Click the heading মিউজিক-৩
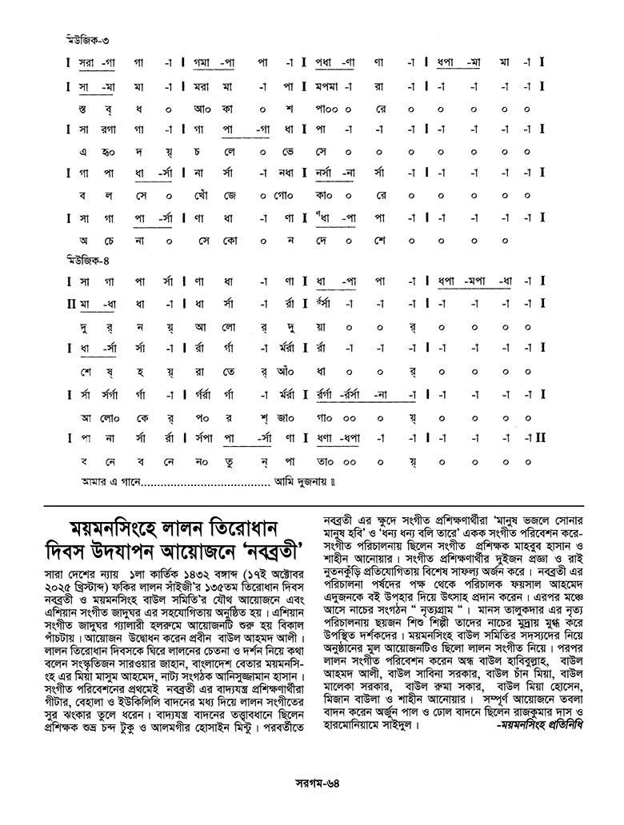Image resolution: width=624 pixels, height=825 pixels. [85, 39]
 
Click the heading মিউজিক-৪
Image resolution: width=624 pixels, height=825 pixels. [85, 260]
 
